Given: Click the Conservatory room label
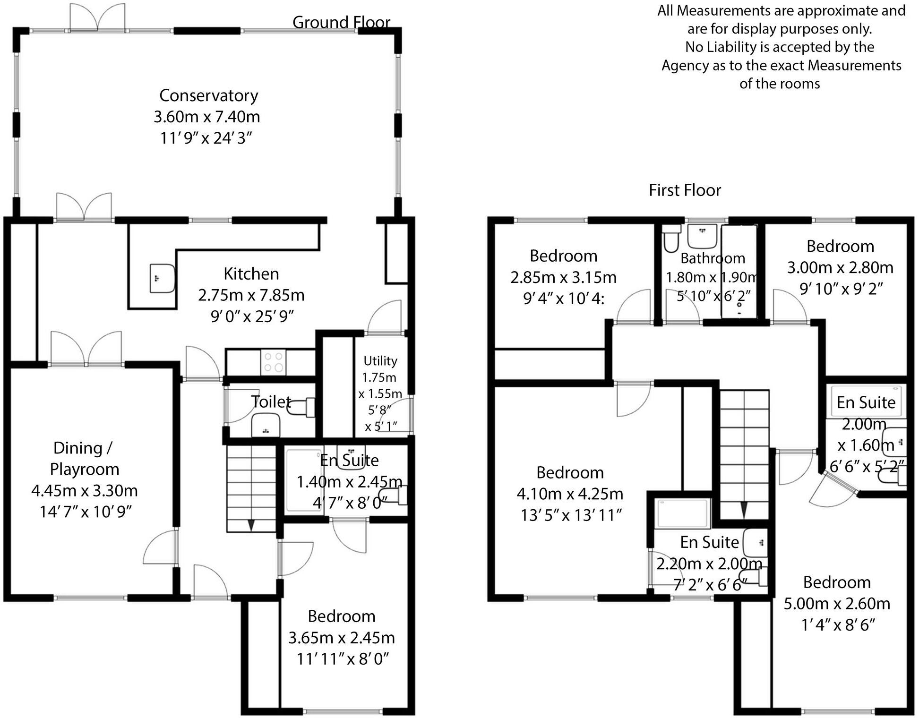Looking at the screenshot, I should (208, 95).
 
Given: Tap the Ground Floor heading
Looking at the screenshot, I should (341, 22).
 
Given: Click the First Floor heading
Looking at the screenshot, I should (685, 190).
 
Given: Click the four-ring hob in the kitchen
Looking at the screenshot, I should (274, 362).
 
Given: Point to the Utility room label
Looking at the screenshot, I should (380, 361).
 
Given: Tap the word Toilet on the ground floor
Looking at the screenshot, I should (271, 402).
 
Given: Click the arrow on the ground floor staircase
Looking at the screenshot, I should (251, 525).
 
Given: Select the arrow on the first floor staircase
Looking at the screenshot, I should (744, 509).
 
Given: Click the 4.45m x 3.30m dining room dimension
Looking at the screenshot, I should (85, 490).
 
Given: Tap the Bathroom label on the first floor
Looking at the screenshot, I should (713, 258).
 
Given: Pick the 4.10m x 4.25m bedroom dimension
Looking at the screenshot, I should (570, 494).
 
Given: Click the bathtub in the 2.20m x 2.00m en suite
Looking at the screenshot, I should (683, 513).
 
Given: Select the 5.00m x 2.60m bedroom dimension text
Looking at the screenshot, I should (837, 603).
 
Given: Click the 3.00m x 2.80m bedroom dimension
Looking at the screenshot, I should (840, 267).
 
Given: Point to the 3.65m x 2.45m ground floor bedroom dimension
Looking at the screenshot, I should (342, 637).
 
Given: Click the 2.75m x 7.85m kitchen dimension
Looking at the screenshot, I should (251, 295).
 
